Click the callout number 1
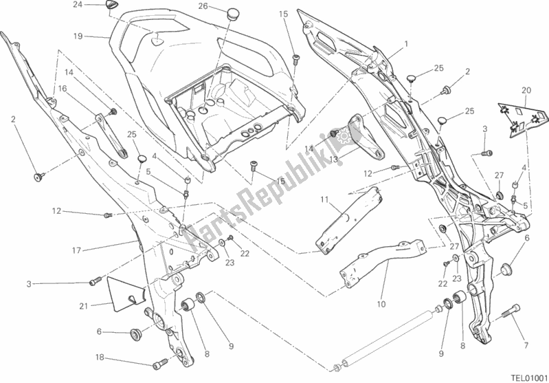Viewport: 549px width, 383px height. (x=406, y=43)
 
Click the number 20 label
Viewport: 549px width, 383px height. (x=526, y=90)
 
